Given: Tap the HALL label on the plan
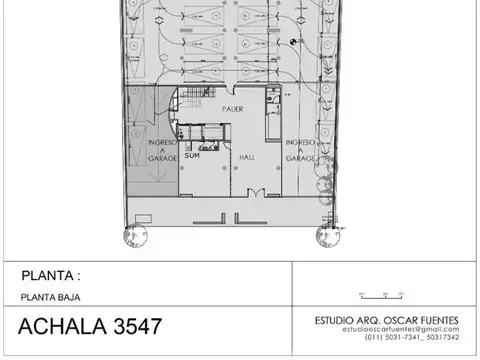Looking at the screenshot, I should click(x=246, y=157).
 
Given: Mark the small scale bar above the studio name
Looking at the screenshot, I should click(x=376, y=294).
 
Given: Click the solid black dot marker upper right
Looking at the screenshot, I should click(x=291, y=41).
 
